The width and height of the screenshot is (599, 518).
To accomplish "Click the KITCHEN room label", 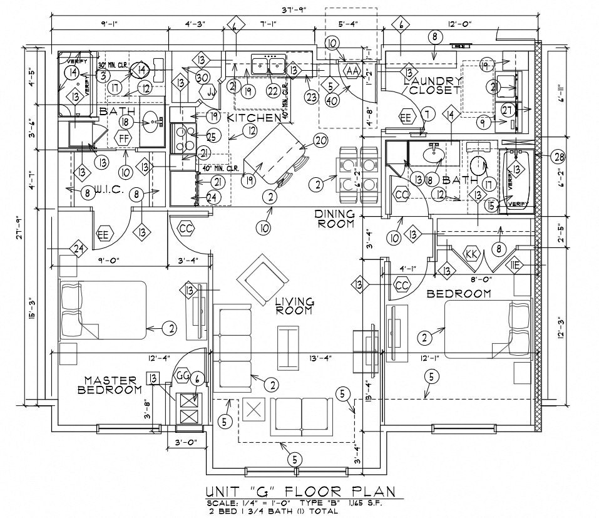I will (x=253, y=118).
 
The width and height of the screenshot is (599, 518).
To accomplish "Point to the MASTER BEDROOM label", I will (x=110, y=385).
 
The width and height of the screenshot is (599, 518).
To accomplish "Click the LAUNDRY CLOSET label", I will (x=433, y=85).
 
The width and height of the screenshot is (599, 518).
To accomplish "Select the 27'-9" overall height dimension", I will (x=22, y=225).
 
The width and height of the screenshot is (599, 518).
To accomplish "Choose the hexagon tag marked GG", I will (x=182, y=375).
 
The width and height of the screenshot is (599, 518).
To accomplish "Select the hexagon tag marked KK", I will (x=471, y=254).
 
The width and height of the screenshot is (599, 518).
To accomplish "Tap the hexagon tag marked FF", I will (x=124, y=137).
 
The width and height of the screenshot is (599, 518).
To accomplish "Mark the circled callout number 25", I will (x=210, y=136).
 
